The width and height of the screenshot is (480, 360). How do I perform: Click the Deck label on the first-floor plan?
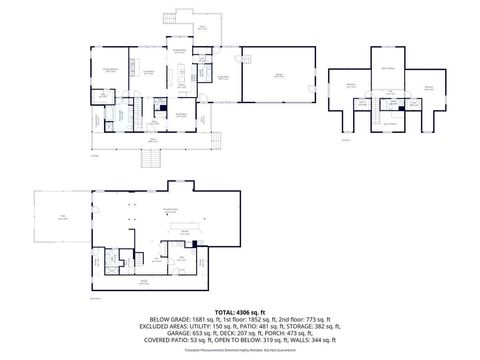click(x=201, y=27)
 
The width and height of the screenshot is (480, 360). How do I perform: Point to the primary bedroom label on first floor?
click(x=109, y=69)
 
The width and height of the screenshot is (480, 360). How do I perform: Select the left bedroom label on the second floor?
click(x=351, y=86)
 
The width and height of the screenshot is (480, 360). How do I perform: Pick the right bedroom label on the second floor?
click(x=427, y=87)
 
